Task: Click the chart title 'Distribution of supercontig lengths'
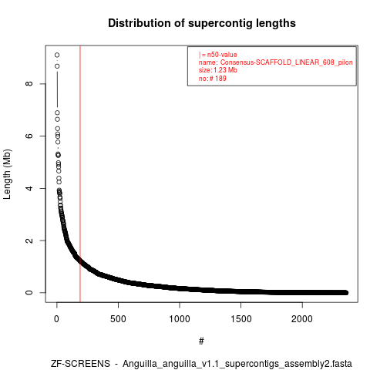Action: coord(202,23)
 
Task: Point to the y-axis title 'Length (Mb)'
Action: coord(7,174)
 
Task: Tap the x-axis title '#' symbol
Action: coord(201,341)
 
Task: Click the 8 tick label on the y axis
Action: coord(29,84)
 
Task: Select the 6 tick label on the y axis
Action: coord(29,136)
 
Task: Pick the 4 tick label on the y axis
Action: coord(29,188)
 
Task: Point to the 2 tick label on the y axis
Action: coord(29,240)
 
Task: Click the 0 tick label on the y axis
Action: coord(29,293)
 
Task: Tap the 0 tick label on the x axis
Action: coord(57,319)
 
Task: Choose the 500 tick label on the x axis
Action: coord(118,319)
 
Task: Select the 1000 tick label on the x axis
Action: coord(180,319)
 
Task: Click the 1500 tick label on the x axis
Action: coord(240,319)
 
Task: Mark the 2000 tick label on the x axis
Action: coord(302,319)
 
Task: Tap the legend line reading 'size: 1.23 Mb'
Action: coord(217,70)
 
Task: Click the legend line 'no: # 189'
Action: coord(212,79)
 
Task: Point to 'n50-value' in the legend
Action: coord(222,55)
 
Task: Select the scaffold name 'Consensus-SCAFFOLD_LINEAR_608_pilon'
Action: coord(286,62)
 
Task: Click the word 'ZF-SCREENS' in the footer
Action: coord(80,364)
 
